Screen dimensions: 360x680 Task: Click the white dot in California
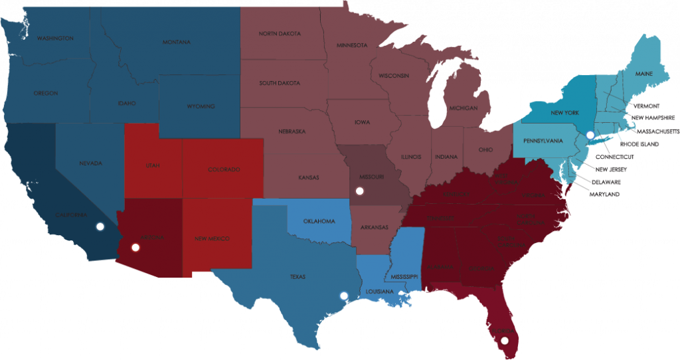tap(100, 226)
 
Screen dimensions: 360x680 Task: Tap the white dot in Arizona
tap(135, 248)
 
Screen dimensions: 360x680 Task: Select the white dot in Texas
tap(343, 296)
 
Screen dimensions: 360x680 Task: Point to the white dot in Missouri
tap(359, 191)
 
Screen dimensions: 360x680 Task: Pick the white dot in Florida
tap(505, 341)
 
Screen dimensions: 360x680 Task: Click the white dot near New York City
tap(589, 135)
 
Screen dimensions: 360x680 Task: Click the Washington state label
tap(55, 39)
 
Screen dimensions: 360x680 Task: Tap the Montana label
tap(176, 43)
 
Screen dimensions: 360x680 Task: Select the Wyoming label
tap(201, 106)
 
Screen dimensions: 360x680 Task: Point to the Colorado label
tap(223, 169)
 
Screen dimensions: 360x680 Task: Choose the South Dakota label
tap(280, 83)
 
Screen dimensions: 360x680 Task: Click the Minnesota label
tap(352, 45)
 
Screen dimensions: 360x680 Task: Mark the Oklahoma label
tap(319, 221)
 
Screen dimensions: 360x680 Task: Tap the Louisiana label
tap(379, 292)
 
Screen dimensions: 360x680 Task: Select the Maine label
tap(643, 73)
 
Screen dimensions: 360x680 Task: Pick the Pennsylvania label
tap(543, 141)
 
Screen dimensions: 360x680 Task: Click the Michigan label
tap(463, 108)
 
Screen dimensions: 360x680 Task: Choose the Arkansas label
tap(375, 228)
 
